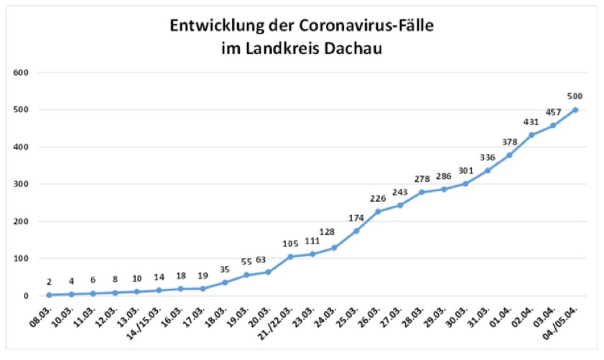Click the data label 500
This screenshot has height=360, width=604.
click(x=575, y=96)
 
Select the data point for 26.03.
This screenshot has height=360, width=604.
click(x=378, y=211)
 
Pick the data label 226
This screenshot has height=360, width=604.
click(x=378, y=198)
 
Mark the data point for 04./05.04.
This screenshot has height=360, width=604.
click(x=575, y=110)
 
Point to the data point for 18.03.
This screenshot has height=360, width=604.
click(x=224, y=282)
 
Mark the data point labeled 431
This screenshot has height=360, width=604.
click(x=531, y=135)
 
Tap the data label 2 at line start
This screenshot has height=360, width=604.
click(x=49, y=281)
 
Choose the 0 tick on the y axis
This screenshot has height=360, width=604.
click(x=26, y=295)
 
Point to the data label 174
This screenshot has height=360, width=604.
click(x=356, y=217)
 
